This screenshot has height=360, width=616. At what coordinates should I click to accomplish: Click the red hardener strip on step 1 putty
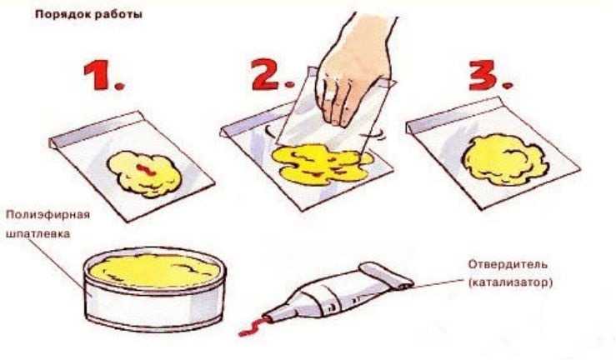(146, 169)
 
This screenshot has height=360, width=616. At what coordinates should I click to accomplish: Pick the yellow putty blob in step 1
(144, 174)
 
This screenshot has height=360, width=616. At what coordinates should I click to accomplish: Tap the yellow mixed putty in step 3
(505, 159)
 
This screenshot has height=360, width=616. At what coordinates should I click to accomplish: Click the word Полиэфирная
(48, 215)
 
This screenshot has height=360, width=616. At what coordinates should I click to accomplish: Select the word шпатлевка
(38, 233)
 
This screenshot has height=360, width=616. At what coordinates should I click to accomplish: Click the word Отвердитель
(508, 264)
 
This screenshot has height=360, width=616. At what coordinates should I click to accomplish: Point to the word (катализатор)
(510, 282)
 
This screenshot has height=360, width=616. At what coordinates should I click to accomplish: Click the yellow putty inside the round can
(152, 271)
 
